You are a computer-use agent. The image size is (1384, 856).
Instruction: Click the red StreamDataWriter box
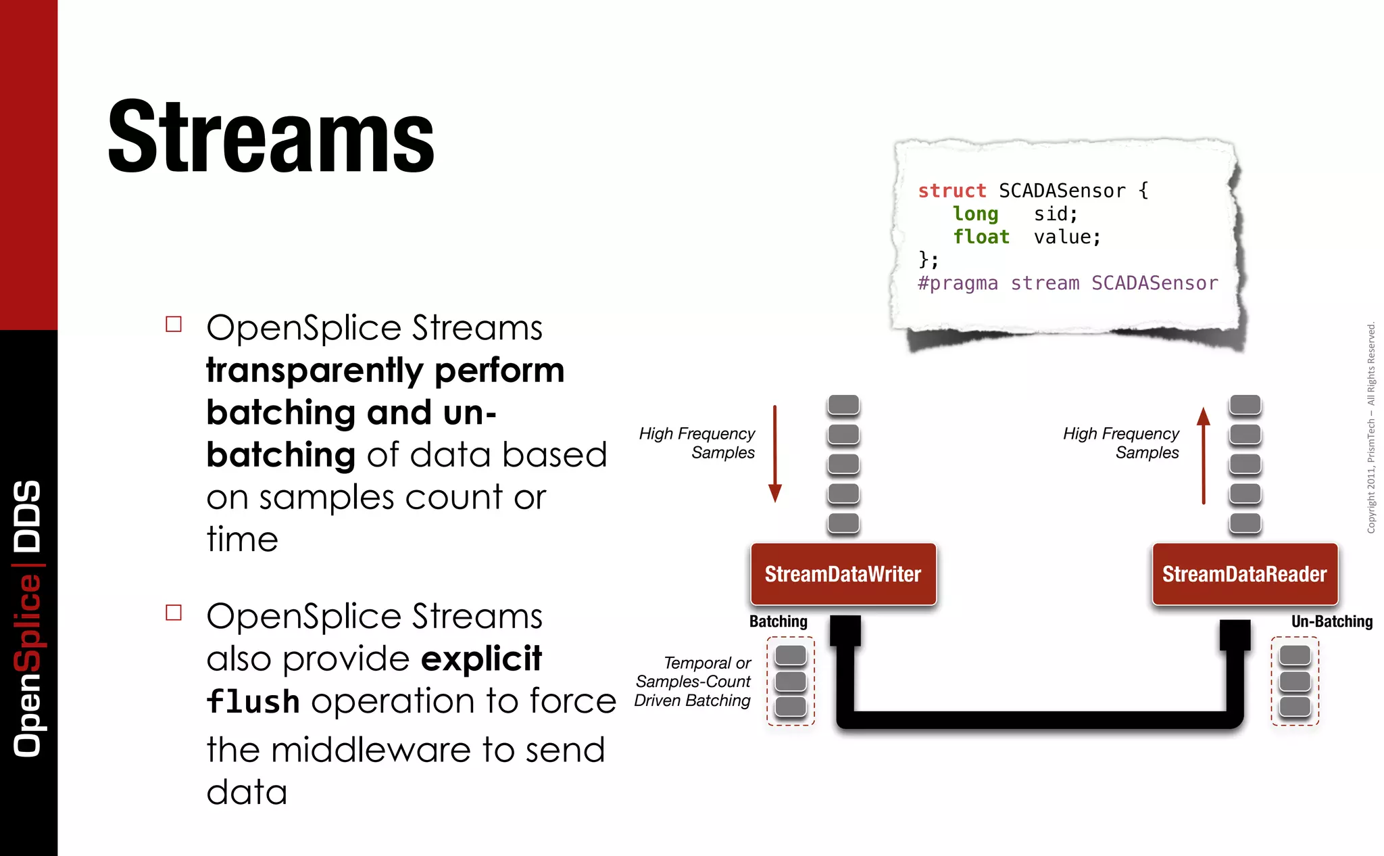coord(843,574)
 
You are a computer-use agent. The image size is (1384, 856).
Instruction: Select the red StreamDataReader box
coord(1244,574)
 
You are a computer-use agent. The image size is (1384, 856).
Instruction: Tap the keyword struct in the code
coord(951,191)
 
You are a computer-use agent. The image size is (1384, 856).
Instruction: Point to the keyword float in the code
coord(981,237)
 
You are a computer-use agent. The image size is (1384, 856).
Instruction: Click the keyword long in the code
coord(975,214)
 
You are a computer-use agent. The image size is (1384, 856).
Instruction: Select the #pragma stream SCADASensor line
coord(1068,283)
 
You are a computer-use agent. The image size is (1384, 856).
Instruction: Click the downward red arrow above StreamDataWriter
coord(775,453)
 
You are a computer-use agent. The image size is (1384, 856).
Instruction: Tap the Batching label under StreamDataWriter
coord(778,621)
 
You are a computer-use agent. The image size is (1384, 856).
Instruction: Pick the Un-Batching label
coord(1331,621)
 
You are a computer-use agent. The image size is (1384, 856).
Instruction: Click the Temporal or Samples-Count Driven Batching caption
coord(693,682)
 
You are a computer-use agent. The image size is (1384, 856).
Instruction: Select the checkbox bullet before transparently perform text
coord(174,324)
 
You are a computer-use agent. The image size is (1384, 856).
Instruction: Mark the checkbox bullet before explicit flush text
coord(174,613)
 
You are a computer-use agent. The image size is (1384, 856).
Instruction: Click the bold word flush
coord(253,701)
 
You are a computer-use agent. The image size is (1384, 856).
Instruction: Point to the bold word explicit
coord(481,659)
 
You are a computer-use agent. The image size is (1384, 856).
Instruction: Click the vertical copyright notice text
coord(1371,427)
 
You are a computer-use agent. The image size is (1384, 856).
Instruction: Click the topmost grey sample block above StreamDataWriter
coord(843,404)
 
